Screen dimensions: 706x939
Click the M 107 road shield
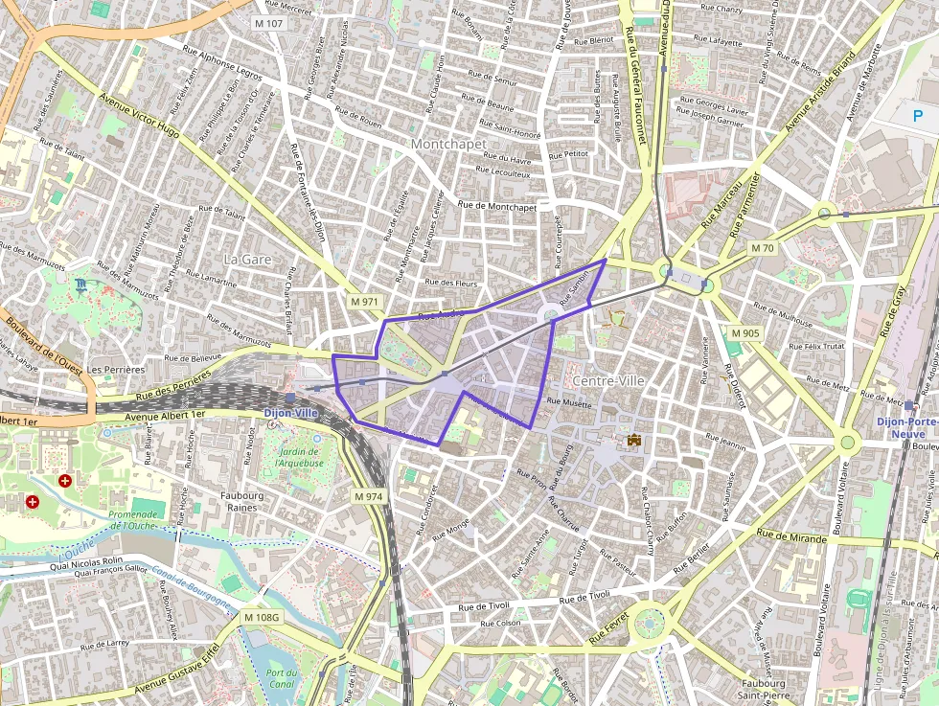click(x=270, y=22)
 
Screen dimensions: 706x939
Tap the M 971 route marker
click(x=365, y=301)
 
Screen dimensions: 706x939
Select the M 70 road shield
click(x=762, y=248)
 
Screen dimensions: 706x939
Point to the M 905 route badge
click(x=744, y=332)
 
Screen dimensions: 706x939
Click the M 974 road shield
click(x=368, y=496)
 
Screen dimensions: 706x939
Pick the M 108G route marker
click(x=261, y=617)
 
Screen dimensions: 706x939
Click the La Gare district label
click(x=247, y=260)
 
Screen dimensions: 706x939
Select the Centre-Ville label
click(x=607, y=380)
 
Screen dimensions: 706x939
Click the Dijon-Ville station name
click(x=290, y=413)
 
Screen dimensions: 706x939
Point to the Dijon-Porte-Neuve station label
click(x=907, y=428)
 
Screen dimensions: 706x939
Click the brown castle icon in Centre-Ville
click(x=633, y=440)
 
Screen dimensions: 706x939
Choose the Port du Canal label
click(x=281, y=678)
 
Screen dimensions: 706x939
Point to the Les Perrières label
click(x=115, y=369)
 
